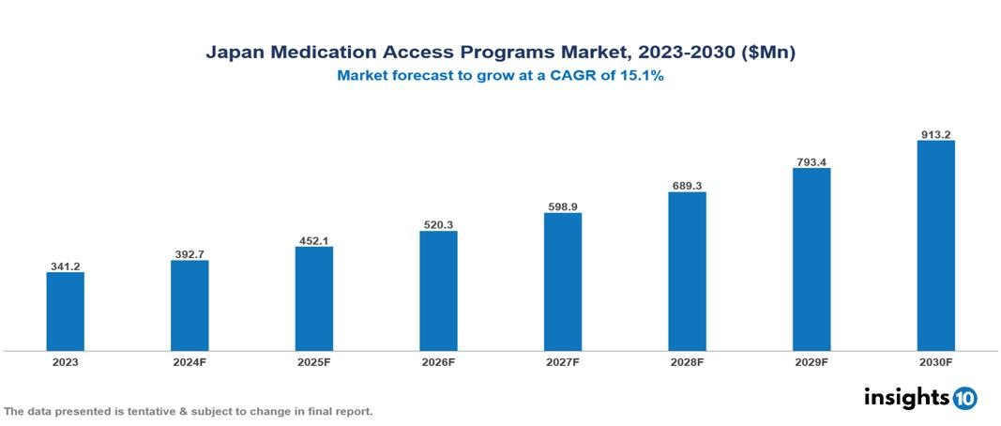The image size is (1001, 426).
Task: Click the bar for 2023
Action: [x=65, y=312]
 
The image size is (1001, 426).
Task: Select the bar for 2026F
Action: [x=438, y=291]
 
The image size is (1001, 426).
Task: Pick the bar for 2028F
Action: [x=687, y=271]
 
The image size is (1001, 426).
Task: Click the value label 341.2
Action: [x=65, y=266]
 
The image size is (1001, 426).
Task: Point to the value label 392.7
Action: [x=190, y=254]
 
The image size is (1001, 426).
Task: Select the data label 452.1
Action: [x=313, y=240]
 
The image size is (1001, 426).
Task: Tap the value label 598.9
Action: [x=563, y=206]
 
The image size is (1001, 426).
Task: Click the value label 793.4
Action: [x=811, y=161]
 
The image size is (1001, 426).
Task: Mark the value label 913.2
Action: [x=935, y=134]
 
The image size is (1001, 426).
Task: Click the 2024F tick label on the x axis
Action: [x=190, y=361]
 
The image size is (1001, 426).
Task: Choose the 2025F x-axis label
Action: [x=313, y=361]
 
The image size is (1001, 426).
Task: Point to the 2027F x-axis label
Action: [x=563, y=361]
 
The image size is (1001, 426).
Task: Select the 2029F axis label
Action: [x=811, y=361]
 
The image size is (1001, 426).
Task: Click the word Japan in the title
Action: [x=235, y=53]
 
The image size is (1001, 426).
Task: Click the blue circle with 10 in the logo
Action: [x=964, y=398]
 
